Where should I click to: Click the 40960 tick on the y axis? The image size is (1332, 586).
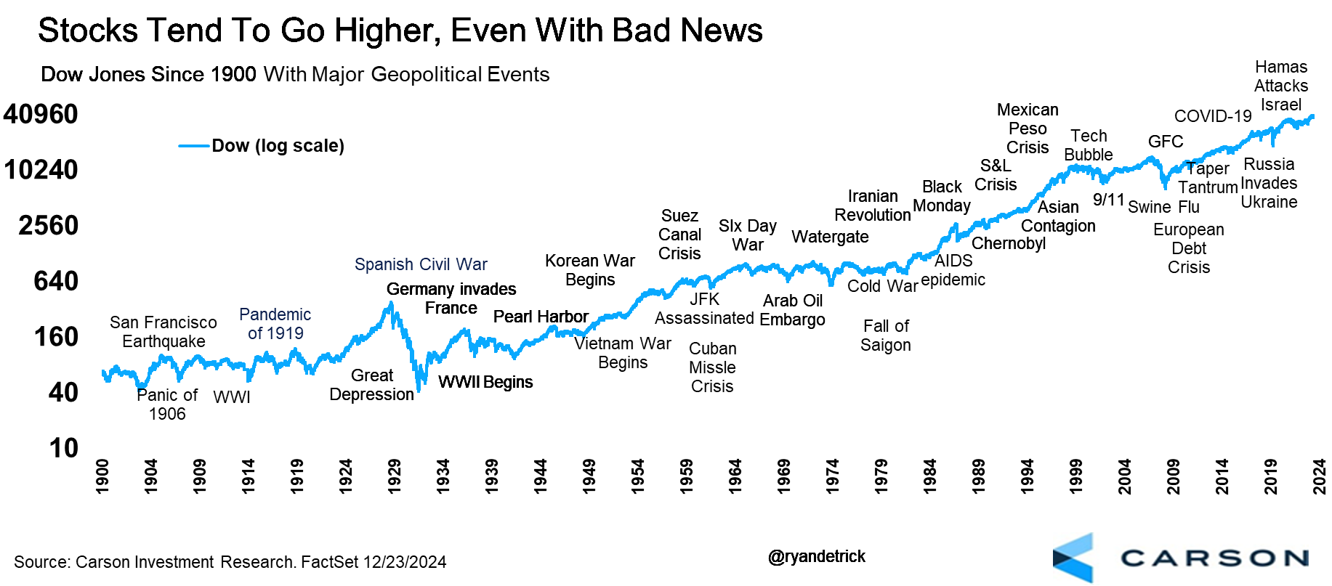(x=41, y=114)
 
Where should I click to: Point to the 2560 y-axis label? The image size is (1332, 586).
(x=49, y=226)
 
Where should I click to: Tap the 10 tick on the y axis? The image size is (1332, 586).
(x=63, y=448)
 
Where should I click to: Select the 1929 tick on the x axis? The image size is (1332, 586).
(x=394, y=476)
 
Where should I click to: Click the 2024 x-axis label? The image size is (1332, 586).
(x=1320, y=476)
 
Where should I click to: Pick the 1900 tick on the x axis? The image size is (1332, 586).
(x=102, y=476)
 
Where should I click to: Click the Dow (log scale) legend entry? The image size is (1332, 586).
(x=278, y=146)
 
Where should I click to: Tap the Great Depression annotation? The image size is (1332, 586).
(x=371, y=385)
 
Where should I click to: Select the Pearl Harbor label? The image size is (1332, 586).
(x=541, y=317)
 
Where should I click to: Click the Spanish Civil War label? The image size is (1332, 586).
(x=421, y=264)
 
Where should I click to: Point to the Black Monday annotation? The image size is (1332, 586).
(x=942, y=196)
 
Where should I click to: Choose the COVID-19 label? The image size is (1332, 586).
(x=1213, y=116)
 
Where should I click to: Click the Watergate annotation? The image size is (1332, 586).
(x=830, y=237)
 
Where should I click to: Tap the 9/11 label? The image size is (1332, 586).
(x=1108, y=200)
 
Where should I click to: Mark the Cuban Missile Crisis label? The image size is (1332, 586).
(x=712, y=367)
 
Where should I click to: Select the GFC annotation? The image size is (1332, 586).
(x=1166, y=142)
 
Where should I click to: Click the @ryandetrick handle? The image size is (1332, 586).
(x=816, y=556)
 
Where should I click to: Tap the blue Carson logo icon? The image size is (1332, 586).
(x=1073, y=558)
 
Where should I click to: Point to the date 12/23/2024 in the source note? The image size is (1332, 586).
(x=405, y=562)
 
